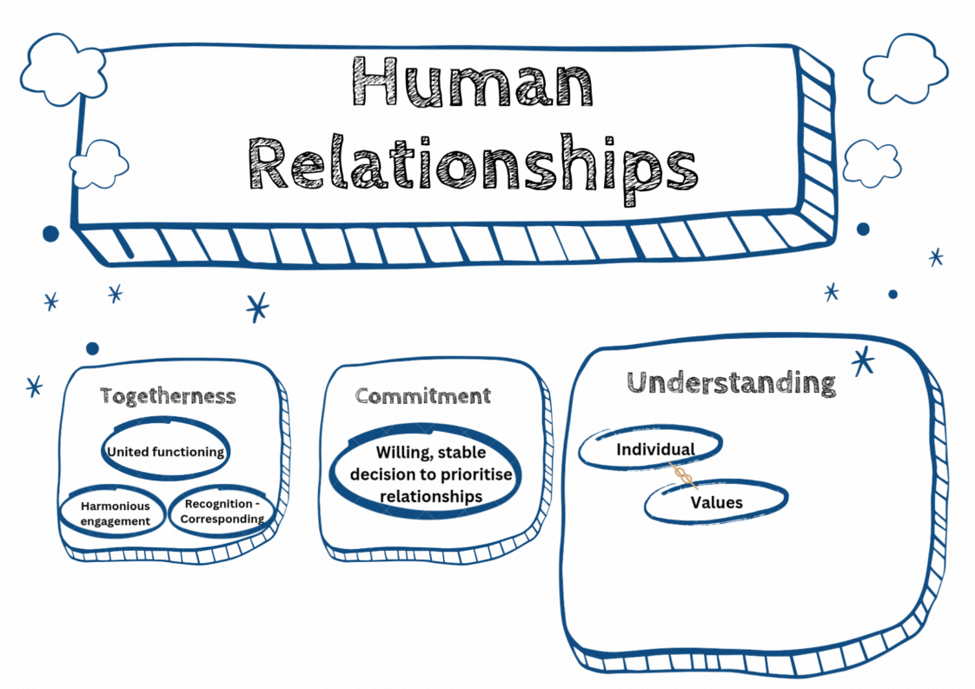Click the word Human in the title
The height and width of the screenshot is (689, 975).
coord(473,82)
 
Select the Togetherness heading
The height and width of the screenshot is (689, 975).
coord(168,396)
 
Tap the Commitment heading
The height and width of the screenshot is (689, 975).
coord(423,396)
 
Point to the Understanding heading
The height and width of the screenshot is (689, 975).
coord(732,382)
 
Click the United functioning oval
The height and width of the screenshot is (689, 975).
coord(165,451)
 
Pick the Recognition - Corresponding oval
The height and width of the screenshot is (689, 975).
coord(222,512)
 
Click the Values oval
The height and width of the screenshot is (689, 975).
coord(716,502)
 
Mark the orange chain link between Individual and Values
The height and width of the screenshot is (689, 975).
coord(684,475)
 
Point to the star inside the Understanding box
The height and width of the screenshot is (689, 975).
coord(863,361)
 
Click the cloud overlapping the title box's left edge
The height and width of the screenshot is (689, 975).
coord(98,164)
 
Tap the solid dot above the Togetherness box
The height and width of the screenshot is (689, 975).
coord(92,348)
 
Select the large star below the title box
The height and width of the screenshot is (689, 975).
coord(257,307)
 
